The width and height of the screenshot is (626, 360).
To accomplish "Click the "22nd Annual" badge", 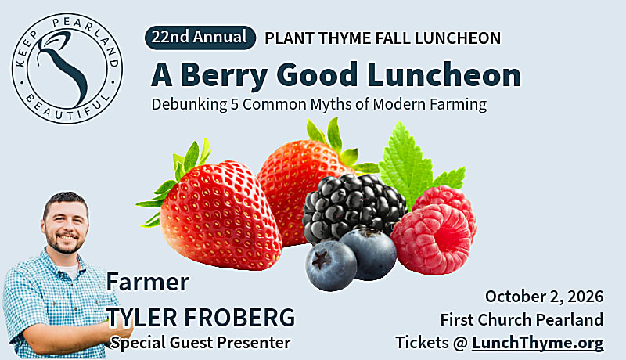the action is (x=200, y=38).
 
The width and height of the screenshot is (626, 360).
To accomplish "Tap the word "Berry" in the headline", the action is (x=225, y=76).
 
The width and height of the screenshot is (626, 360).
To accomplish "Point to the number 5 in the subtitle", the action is (x=235, y=104).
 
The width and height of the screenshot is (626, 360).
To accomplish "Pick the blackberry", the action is (x=354, y=207).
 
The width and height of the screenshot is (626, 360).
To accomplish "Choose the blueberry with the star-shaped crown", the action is (x=330, y=265).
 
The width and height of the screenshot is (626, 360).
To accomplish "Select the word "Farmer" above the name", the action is (x=148, y=282).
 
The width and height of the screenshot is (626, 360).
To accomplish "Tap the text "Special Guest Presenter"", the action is (x=200, y=343).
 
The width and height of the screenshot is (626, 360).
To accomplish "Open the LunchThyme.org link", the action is (x=538, y=343).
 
